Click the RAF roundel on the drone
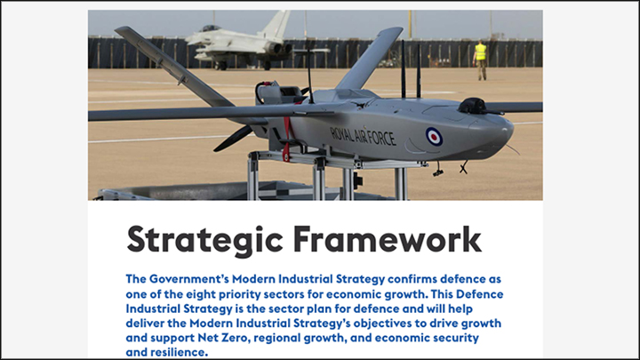(434, 136)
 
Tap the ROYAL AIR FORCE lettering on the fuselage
(363, 136)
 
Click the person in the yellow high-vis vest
(481, 60)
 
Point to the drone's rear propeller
(233, 139)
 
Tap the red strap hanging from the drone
(287, 139)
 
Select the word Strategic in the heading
(204, 240)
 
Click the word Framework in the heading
(388, 239)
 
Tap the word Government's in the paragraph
(189, 279)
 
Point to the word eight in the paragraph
(201, 294)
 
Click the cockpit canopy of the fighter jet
(210, 28)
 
